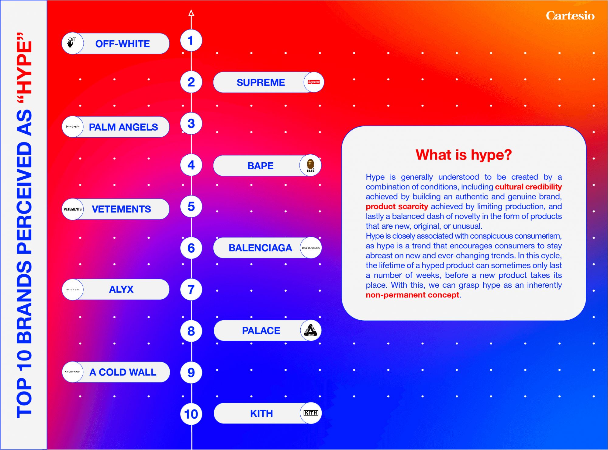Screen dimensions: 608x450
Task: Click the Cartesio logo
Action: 570,16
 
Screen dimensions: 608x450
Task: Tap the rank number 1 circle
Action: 191,40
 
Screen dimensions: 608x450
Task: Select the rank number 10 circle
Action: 191,414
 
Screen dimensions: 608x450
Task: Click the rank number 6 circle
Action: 191,248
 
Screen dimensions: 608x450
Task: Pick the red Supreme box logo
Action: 314,82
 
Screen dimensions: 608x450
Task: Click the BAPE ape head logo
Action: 310,166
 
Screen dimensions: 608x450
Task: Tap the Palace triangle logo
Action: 311,330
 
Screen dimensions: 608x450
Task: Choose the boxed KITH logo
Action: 311,413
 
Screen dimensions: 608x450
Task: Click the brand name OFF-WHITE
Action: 123,44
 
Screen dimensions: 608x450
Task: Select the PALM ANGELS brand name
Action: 123,127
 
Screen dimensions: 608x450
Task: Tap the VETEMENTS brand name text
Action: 121,209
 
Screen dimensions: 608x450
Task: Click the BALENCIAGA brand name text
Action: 260,248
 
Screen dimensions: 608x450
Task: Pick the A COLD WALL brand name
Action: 123,372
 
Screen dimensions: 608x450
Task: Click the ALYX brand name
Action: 121,289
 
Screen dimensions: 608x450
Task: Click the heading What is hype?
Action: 464,155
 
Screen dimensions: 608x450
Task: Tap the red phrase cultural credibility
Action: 528,187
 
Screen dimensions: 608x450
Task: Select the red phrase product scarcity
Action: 397,206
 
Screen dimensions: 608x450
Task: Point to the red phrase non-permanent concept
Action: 413,295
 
